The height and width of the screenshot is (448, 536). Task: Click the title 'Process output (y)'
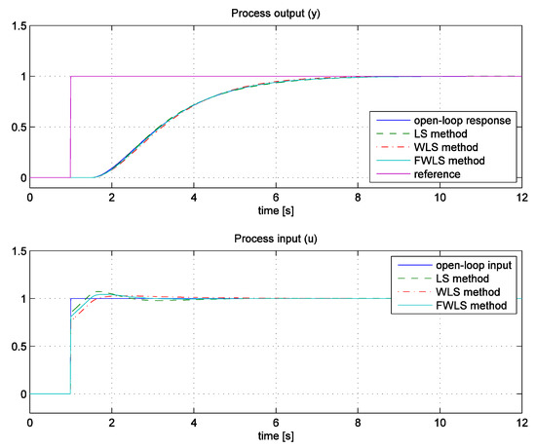click(x=280, y=11)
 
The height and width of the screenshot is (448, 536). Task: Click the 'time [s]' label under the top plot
click(x=280, y=210)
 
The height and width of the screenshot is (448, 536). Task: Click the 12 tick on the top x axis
click(x=522, y=198)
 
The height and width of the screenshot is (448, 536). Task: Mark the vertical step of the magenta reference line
click(x=70, y=127)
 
